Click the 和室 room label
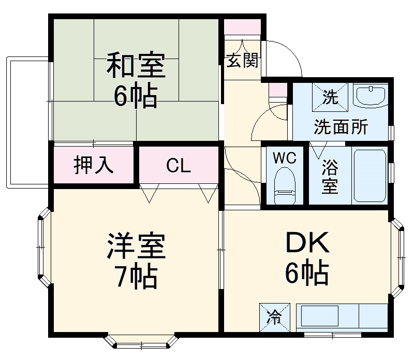pos(136,65)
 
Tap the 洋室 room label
pos(136,247)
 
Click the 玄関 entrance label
pos(242,61)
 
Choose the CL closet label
pos(179,166)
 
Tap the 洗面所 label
pos(341,127)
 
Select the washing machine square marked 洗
pos(330,96)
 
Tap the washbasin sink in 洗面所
pos(371,96)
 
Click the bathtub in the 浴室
pos(369,177)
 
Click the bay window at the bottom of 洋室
pos(141,342)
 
